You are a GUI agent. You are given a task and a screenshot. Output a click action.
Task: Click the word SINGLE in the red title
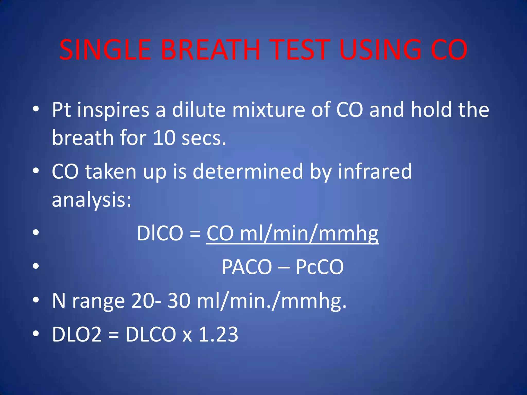(105, 50)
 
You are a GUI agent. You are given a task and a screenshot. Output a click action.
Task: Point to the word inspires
(113, 110)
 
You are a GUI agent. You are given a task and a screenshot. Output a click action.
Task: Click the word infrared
(375, 171)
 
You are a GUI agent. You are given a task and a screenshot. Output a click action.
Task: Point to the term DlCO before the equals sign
(160, 233)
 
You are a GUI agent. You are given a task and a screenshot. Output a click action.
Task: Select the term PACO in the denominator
(247, 267)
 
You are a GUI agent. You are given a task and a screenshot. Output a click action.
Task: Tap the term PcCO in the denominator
(319, 267)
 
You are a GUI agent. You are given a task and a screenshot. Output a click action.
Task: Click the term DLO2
(77, 334)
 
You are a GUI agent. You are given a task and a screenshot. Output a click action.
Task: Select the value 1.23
(218, 334)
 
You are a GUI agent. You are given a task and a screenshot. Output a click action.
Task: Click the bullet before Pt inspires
(36, 109)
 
